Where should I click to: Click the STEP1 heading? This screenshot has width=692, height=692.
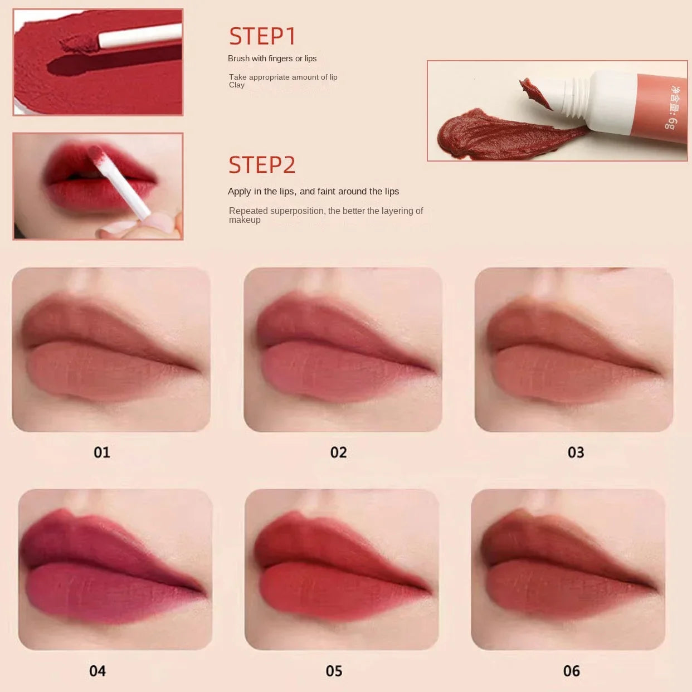click(262, 36)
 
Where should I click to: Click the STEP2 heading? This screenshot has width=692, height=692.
click(262, 165)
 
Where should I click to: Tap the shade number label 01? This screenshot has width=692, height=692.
click(102, 452)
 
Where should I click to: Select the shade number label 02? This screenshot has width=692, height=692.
click(338, 452)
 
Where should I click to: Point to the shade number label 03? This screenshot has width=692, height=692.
click(576, 452)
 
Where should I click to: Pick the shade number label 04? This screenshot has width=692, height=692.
click(98, 671)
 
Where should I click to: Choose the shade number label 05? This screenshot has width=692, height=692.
click(334, 671)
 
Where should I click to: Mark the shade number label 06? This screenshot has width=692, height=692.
click(571, 671)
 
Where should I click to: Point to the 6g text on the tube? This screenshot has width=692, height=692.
click(671, 122)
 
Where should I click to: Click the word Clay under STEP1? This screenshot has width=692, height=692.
click(237, 85)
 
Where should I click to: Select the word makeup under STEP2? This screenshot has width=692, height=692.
click(245, 220)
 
